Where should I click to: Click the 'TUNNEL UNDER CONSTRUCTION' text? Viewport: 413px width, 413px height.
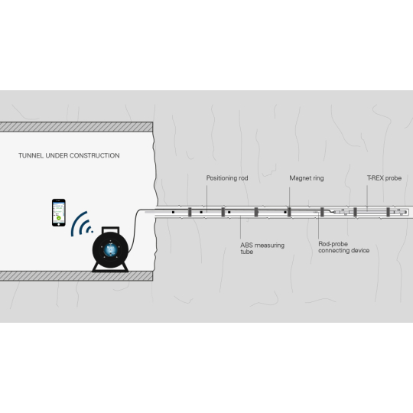click(69, 155)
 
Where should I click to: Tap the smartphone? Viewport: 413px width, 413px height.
click(58, 213)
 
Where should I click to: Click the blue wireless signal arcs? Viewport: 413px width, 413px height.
click(80, 224)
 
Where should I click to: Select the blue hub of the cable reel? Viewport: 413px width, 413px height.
click(110, 249)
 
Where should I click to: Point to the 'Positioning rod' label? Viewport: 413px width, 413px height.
click(227, 178)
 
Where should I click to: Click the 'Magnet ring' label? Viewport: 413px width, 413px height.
click(307, 178)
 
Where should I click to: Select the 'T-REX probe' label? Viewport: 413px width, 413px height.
click(384, 178)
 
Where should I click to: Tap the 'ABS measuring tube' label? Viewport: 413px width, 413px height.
click(262, 249)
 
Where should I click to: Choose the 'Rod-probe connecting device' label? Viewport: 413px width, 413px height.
click(343, 247)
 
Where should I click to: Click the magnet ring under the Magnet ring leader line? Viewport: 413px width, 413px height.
click(289, 212)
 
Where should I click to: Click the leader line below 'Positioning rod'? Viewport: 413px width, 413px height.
click(206, 198)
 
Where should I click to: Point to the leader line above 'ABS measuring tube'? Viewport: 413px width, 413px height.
click(240, 227)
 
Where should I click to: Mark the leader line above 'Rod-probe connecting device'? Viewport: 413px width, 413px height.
click(318, 226)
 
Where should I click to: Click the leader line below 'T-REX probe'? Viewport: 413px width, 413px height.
click(367, 198)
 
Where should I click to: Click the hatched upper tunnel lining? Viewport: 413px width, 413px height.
click(76, 127)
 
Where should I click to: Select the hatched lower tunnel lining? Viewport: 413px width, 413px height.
click(76, 276)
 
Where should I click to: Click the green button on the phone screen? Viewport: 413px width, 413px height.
click(59, 218)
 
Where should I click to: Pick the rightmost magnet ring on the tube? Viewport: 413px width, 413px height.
click(388, 212)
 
